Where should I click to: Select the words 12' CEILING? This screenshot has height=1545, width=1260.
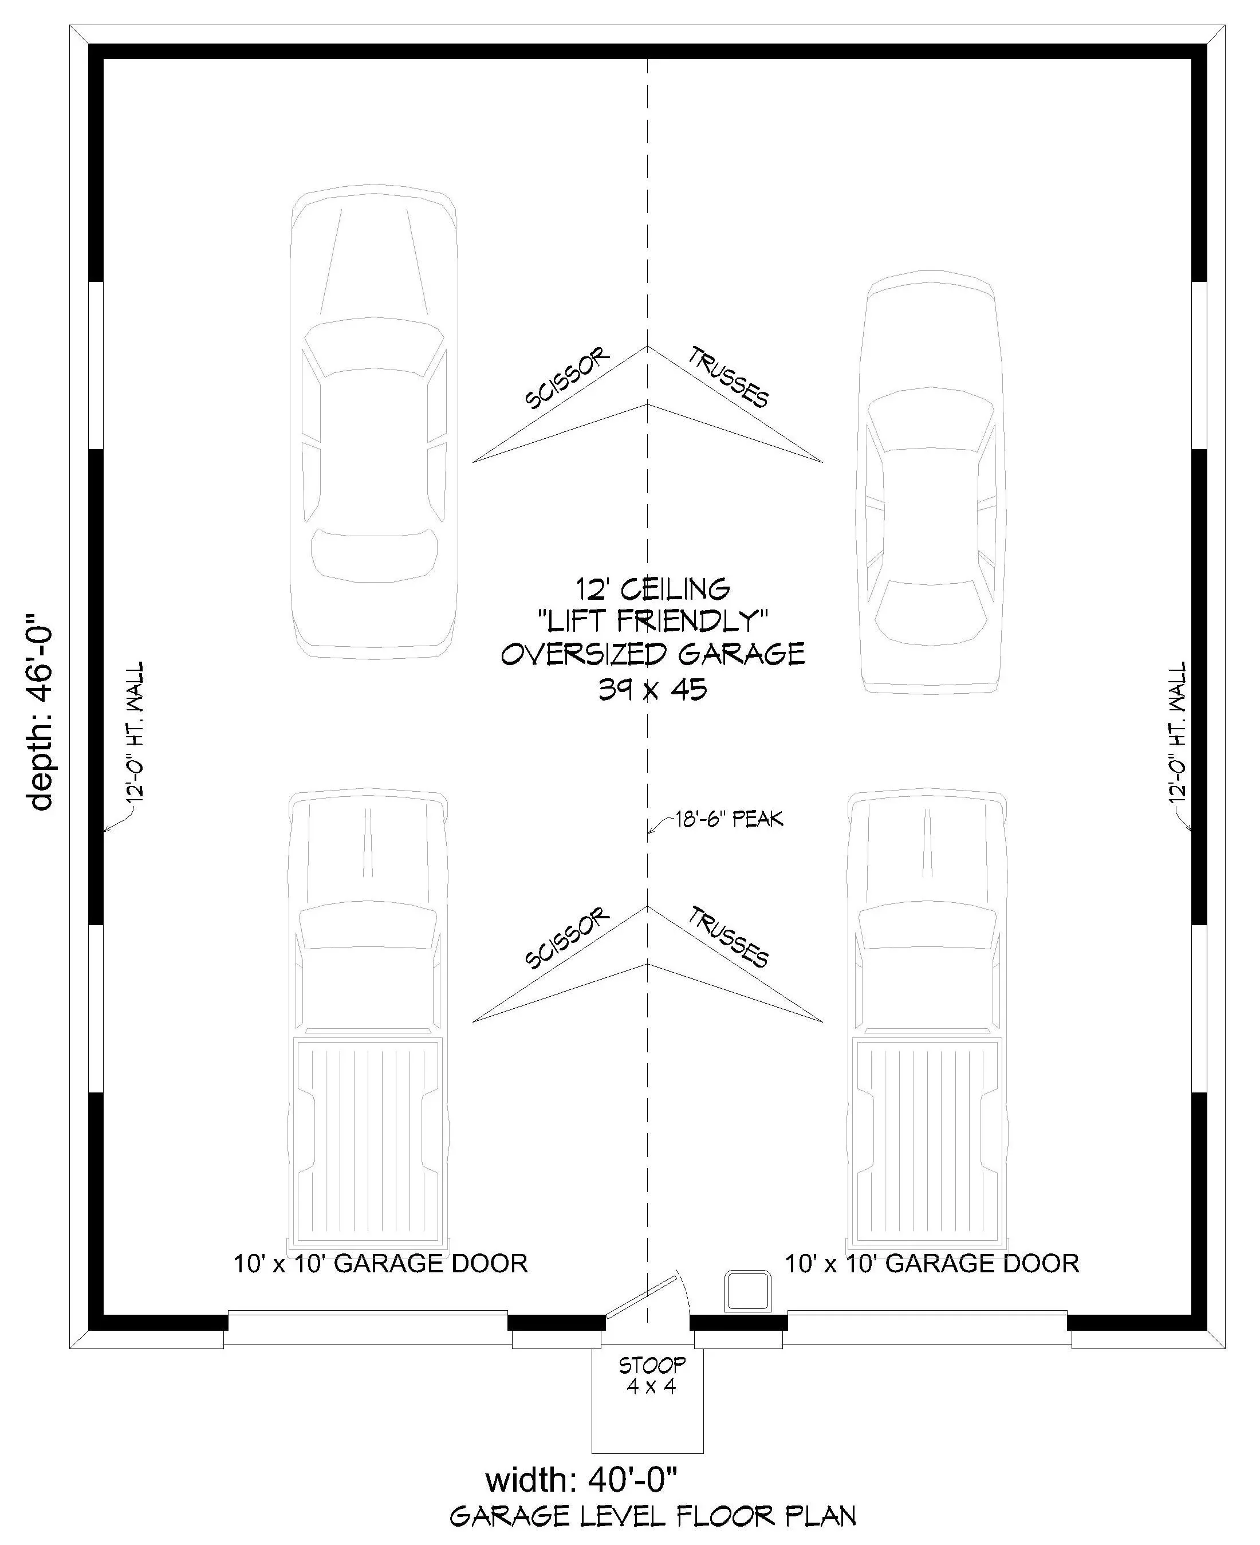coord(652,588)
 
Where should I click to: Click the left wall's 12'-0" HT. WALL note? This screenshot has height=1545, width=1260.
coord(135,731)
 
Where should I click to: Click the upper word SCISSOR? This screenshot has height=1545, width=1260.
coord(567,378)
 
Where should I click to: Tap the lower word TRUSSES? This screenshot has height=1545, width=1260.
coord(728,937)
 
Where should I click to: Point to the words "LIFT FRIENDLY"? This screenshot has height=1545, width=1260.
coord(652,621)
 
